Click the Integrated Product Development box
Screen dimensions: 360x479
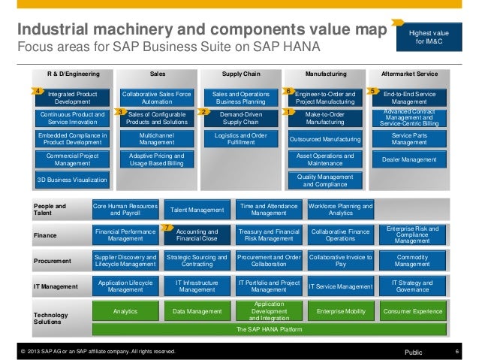(x=73, y=98)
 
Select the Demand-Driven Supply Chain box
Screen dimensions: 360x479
(x=241, y=117)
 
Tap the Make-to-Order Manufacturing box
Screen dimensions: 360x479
(x=325, y=117)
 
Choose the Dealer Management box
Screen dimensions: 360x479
(x=410, y=159)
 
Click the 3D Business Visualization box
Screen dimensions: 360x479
(x=73, y=180)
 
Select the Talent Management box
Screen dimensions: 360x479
(x=197, y=210)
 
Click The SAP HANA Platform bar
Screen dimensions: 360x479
(x=271, y=329)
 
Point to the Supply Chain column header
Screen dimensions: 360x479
(x=241, y=74)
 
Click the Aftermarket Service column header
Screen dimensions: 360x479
(x=410, y=74)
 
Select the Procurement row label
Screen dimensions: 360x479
(x=53, y=261)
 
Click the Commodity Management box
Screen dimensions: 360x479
(x=412, y=260)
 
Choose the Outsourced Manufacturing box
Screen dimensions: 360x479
(x=325, y=140)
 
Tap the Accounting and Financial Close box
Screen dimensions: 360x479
(x=197, y=235)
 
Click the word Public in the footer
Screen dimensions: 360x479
(x=414, y=351)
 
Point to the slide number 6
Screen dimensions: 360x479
(x=456, y=351)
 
